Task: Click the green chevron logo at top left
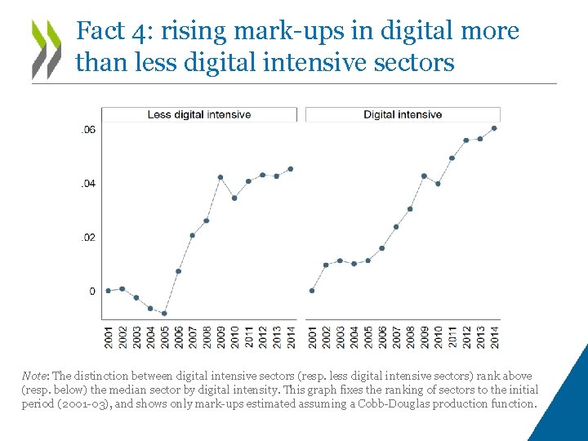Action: tap(47, 48)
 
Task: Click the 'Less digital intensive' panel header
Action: tap(198, 114)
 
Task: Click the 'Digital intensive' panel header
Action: tap(403, 114)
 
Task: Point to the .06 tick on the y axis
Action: tap(88, 130)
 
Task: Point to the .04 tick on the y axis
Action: tap(88, 184)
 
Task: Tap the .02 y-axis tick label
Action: tap(88, 238)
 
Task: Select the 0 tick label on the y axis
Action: tap(91, 292)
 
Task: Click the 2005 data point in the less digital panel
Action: tap(164, 313)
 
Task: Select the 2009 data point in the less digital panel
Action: tap(220, 177)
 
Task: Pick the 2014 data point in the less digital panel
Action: tap(290, 169)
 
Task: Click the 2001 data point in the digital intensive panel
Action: tap(312, 291)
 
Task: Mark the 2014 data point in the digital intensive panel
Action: tap(494, 128)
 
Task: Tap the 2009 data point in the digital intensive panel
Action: tap(424, 176)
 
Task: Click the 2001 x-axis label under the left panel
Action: tap(108, 336)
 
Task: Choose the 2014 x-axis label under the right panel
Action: tap(494, 336)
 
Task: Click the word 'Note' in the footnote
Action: tap(35, 376)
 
